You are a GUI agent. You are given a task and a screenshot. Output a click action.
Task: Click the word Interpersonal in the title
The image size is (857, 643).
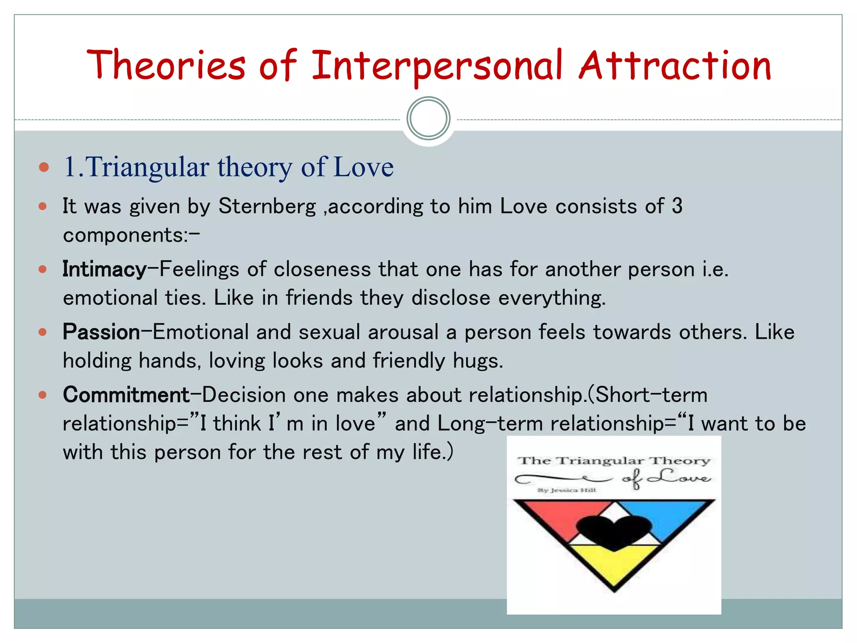click(437, 66)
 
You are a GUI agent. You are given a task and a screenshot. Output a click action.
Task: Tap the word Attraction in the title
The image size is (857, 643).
click(675, 66)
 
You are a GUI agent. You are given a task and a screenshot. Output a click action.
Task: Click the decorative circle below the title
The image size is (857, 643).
click(428, 118)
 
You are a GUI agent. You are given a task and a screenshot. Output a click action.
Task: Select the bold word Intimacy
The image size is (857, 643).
click(104, 269)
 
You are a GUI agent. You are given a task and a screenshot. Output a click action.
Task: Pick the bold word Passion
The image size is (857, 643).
click(101, 332)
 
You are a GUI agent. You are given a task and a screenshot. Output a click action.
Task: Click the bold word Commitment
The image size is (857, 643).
click(126, 395)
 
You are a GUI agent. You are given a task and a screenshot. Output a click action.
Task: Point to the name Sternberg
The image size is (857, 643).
click(267, 206)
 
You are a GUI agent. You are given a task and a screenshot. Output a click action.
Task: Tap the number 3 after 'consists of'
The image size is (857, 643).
click(677, 206)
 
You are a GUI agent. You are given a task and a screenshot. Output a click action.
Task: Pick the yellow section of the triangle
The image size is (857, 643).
click(613, 565)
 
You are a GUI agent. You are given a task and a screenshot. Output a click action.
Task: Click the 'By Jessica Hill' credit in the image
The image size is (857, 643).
click(567, 490)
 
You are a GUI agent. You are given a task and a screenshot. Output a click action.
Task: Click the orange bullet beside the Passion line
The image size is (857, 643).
click(43, 332)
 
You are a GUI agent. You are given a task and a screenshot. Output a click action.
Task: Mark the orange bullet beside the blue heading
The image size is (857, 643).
click(44, 167)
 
